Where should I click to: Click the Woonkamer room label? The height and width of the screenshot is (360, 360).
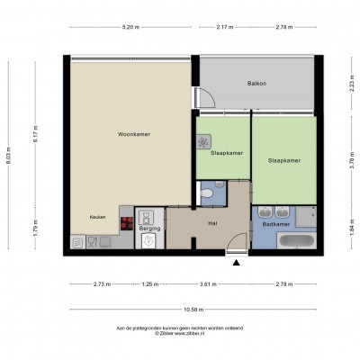point(134,134)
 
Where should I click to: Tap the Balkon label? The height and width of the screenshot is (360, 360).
point(256,84)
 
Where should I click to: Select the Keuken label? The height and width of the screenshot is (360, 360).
point(97,217)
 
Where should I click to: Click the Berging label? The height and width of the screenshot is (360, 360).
point(149,229)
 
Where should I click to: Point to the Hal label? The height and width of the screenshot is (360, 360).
point(212,223)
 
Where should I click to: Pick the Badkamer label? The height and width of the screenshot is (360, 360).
point(276,224)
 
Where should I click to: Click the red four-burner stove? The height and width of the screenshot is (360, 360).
point(127,223)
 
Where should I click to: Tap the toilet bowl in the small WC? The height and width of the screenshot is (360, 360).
point(207,193)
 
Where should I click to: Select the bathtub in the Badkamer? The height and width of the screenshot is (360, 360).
point(296,240)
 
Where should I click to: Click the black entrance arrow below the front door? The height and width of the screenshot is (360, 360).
point(237,263)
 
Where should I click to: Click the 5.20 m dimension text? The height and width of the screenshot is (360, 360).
point(130,27)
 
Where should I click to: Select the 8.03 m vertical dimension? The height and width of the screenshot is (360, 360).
point(8,155)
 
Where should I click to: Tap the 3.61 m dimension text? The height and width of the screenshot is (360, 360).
point(208,284)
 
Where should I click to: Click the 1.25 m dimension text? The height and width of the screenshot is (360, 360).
point(150,284)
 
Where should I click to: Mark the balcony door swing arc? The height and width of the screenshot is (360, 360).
point(211,95)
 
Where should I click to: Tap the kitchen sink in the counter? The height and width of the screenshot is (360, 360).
point(105,241)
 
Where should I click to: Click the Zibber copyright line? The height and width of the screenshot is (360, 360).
point(179,333)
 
